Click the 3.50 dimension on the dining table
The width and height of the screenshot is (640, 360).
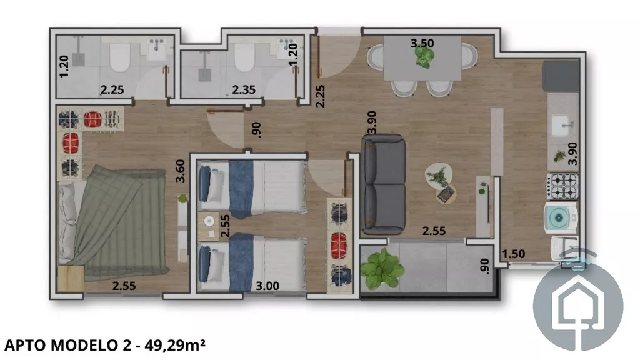coord(422,43)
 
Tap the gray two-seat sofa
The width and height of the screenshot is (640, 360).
coord(383,184)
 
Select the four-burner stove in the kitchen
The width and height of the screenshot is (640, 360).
coord(563,186)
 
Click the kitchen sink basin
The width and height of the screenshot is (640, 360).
coord(563,125)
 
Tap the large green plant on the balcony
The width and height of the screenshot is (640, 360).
coord(382,269)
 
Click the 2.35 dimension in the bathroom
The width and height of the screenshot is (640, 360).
coord(244,89)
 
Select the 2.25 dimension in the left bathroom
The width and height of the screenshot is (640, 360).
coord(112,89)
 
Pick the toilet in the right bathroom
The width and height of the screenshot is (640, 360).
coord(244,56)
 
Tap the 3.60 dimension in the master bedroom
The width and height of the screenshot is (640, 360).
coord(180,171)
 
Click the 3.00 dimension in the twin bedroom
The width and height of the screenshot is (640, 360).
coord(267,286)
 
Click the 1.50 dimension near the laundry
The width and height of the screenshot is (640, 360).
coord(514,254)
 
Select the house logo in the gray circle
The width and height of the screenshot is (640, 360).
coord(578,305)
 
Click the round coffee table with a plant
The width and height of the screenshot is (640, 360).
coord(439,176)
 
